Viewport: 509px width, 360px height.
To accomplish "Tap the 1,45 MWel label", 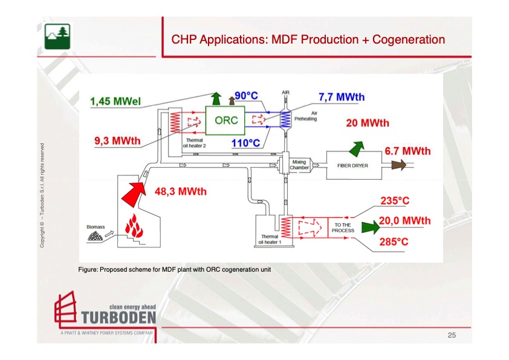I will coord(115,102).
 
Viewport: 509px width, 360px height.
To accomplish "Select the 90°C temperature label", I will coord(247,97).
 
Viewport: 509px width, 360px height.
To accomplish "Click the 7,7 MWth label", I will coord(342,97).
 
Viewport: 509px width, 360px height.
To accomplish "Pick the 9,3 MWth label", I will coord(117,142).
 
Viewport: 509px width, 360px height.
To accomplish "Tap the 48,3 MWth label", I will coord(181,192).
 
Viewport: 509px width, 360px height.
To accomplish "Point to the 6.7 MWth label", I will coord(407,151).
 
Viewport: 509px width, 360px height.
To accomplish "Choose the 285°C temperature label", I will coord(394,242).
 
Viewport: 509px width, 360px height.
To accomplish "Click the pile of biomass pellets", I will coord(95,237).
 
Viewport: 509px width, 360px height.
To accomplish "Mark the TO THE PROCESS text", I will coord(343,228).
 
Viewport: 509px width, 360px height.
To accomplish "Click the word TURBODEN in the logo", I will coord(118,317).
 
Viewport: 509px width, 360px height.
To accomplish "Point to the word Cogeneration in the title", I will coord(409,40).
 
